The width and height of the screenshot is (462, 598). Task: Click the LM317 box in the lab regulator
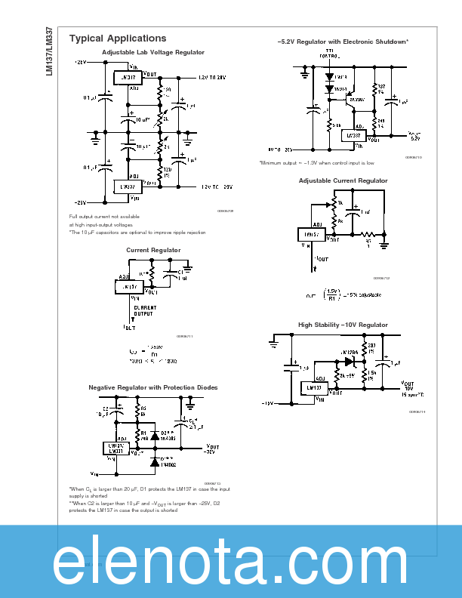pos(125,77)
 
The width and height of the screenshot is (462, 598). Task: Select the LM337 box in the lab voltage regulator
pos(125,186)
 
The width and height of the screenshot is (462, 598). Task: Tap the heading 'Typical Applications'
pos(118,39)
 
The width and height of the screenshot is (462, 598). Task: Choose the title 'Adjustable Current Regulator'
pos(343,180)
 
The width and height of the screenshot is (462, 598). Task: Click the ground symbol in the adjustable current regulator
pos(383,243)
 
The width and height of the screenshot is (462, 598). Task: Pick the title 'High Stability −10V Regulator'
pos(343,325)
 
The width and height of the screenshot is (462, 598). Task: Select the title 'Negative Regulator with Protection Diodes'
pos(153,387)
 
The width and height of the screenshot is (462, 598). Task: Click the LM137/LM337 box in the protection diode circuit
pos(116,447)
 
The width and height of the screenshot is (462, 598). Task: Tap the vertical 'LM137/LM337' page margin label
pos(49,49)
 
